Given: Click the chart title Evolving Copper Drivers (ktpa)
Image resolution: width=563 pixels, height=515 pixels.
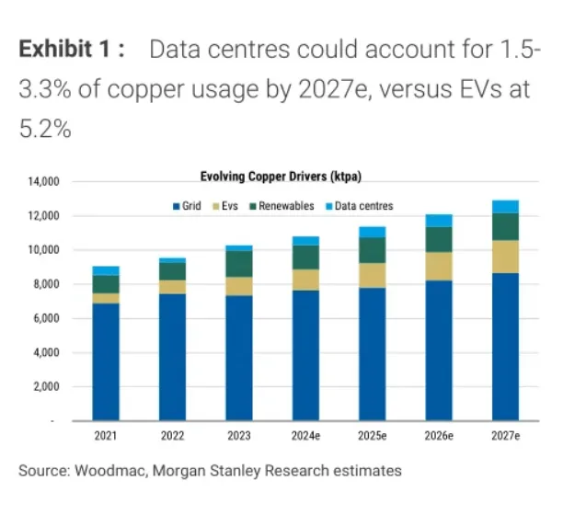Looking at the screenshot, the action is pos(281,177).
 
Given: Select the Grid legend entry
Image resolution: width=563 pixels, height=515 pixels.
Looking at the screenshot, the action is pos(187,206).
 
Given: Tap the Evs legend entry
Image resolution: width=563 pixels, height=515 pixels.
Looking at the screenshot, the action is pos(225,206).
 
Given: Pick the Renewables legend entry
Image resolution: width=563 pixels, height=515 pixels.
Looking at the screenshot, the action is pos(281,206).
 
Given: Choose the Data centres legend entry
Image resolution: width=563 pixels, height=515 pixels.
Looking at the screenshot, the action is pos(360,206).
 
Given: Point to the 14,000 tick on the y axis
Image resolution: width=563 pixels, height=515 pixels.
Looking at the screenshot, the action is pos(44,182).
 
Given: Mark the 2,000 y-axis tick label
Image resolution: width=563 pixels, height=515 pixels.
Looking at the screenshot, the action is pos(46,387).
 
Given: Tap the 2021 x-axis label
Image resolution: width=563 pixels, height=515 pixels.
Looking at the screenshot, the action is pos(106,436).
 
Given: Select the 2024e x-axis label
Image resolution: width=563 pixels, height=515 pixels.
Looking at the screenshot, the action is pos(305,436).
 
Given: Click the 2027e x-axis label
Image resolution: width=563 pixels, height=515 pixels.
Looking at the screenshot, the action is pos(506,436).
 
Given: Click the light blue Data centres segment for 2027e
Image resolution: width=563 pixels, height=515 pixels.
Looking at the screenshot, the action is pos(506,207).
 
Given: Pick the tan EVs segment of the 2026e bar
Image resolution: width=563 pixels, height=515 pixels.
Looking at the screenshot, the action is pos(439,267).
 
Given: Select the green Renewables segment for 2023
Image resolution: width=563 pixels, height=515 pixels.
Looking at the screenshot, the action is pos(239,264).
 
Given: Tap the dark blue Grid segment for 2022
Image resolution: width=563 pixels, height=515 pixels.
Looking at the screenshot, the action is pos(173,358).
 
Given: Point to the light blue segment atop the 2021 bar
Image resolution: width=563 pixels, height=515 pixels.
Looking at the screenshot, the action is pos(106,271).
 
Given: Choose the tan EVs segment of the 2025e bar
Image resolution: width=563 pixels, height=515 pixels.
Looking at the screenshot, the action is pos(373,275).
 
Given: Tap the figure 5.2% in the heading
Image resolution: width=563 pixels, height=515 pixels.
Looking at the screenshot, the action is pos(45,129).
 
